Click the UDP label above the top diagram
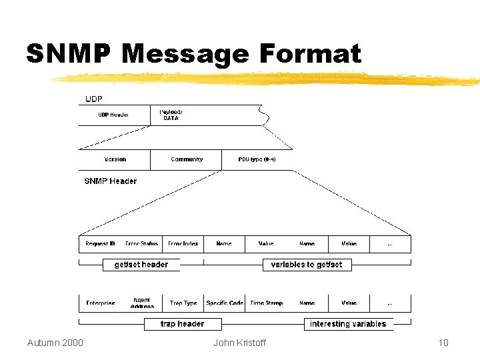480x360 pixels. [94, 99]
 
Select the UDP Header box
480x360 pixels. [114, 115]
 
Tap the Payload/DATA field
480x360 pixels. [171, 115]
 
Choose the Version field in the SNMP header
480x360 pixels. [115, 159]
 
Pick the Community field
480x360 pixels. [187, 159]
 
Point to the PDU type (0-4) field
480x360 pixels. [257, 159]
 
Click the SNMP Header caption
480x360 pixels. [110, 181]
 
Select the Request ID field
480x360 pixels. [100, 244]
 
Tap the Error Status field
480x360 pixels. [142, 244]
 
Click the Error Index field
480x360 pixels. [183, 244]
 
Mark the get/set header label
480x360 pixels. [141, 265]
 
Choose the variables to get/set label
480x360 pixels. [307, 265]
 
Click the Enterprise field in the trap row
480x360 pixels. [101, 303]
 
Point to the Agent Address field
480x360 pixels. [142, 303]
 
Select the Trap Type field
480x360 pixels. [183, 303]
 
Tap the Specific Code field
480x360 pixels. [225, 303]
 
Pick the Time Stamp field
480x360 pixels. [266, 303]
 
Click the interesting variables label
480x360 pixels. [348, 324]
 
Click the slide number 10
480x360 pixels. [443, 343]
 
